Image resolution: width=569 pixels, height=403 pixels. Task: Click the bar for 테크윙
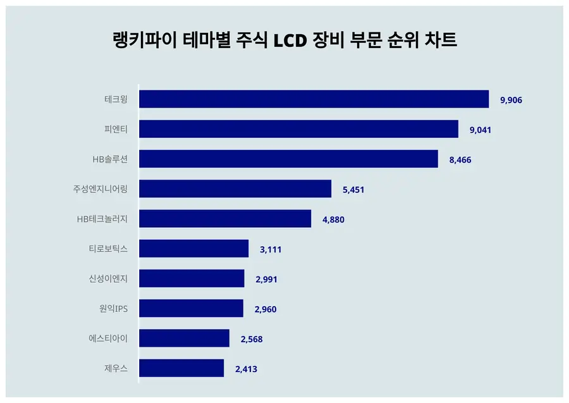pyautogui.click(x=314, y=99)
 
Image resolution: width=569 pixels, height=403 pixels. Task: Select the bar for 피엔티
pyautogui.click(x=298, y=129)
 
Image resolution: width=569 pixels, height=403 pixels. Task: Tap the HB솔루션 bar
pyautogui.click(x=288, y=159)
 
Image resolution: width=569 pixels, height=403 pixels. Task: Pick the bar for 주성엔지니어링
pyautogui.click(x=235, y=189)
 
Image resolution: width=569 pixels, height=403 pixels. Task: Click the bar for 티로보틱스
pyautogui.click(x=193, y=249)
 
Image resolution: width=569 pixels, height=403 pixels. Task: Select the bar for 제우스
pyautogui.click(x=181, y=368)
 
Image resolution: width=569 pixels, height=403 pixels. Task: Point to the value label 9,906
pyautogui.click(x=511, y=100)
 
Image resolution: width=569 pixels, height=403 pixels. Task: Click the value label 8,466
pyautogui.click(x=460, y=160)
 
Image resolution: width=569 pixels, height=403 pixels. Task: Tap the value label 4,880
pyautogui.click(x=333, y=220)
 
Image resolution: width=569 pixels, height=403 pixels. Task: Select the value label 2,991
pyautogui.click(x=266, y=280)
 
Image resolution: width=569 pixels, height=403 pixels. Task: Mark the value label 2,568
pyautogui.click(x=252, y=339)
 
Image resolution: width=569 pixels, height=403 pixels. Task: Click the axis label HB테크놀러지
pyautogui.click(x=102, y=219)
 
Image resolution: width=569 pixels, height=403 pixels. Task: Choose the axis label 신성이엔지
pyautogui.click(x=109, y=278)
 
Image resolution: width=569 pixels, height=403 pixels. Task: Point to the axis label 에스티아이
pyautogui.click(x=109, y=338)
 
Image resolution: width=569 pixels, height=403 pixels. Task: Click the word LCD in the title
pyautogui.click(x=290, y=40)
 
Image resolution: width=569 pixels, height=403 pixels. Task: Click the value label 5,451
pyautogui.click(x=353, y=190)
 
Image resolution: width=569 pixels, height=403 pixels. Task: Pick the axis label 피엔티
pyautogui.click(x=116, y=129)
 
